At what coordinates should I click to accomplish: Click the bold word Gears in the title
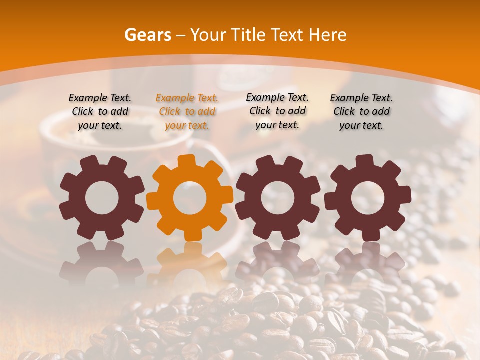[x=148, y=35]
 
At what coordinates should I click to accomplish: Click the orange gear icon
[x=190, y=198]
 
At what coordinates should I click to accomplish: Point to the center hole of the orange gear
[x=190, y=198]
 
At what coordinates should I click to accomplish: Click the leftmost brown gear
[x=102, y=198]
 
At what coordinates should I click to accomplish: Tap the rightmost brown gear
[x=367, y=198]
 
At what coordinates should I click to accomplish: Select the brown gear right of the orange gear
[x=278, y=198]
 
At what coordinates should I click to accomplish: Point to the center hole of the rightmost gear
[x=367, y=198]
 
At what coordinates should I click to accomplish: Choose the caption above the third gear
[x=277, y=111]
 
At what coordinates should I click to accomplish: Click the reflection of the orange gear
[x=190, y=260]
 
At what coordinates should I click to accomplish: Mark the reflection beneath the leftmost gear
[x=102, y=260]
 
